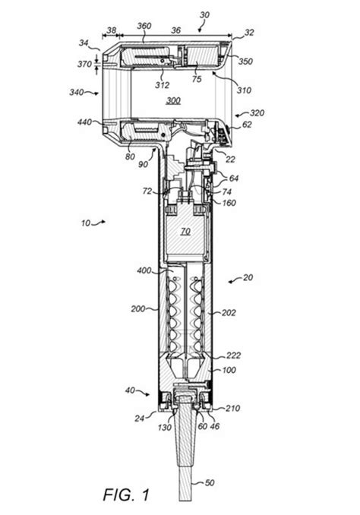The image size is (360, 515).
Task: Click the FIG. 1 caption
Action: (126, 494)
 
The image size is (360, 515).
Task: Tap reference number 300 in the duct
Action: (173, 100)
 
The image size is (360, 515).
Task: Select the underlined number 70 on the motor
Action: (185, 232)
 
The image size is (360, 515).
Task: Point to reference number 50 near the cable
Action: (209, 483)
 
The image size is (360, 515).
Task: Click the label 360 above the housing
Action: (144, 26)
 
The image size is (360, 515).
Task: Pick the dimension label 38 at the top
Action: (112, 30)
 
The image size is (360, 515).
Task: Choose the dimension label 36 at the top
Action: (176, 30)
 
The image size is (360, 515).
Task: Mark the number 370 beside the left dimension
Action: (85, 64)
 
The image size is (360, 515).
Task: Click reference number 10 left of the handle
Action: (85, 223)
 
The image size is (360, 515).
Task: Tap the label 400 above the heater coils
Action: (144, 270)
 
